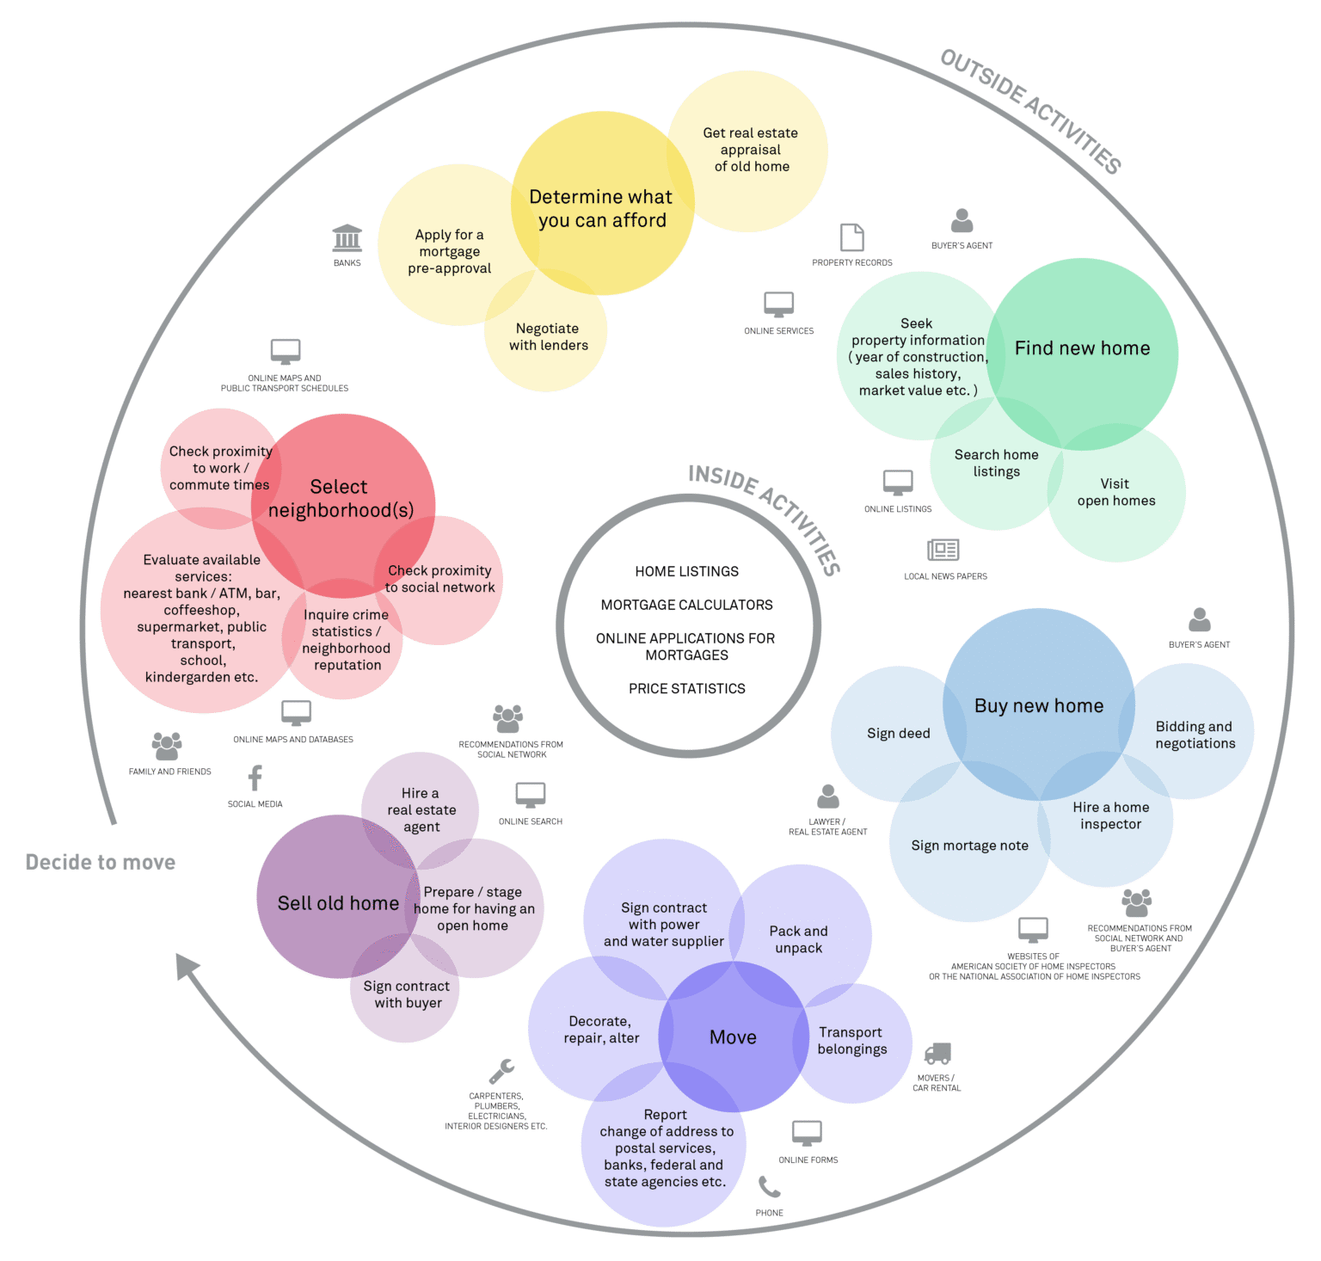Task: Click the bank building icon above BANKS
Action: [347, 238]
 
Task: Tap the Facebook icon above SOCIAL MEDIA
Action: [255, 778]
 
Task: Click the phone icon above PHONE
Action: [769, 1188]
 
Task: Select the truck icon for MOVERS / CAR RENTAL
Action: [937, 1053]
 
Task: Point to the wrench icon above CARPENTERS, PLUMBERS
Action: [501, 1071]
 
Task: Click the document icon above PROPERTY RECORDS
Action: [851, 237]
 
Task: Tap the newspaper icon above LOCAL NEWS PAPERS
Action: [943, 550]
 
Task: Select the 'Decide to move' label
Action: [101, 863]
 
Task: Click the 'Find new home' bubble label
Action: [1082, 348]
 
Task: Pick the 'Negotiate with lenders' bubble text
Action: [548, 337]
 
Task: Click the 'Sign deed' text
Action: [898, 734]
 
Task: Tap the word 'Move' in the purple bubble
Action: [733, 1037]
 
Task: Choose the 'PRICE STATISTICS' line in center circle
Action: [686, 689]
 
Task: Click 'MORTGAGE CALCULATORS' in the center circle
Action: [686, 606]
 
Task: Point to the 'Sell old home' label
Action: [338, 903]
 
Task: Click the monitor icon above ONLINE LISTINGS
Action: [898, 483]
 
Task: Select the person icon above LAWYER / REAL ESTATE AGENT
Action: [828, 797]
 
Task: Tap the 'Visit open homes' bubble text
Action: [1115, 493]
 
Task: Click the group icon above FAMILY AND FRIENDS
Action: [167, 746]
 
